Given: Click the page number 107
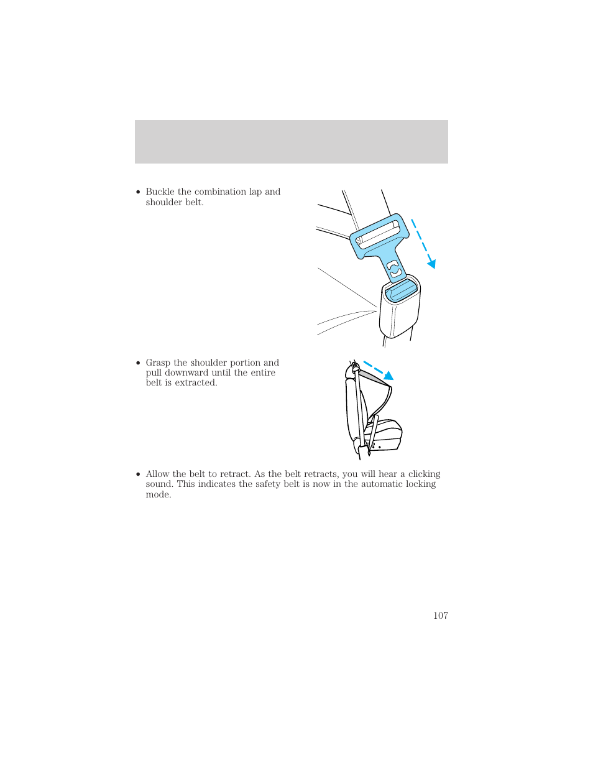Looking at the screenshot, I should [x=440, y=615].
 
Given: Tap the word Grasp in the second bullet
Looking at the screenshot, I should [x=159, y=363].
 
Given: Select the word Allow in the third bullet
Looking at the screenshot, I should [x=157, y=474].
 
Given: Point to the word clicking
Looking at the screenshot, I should [x=424, y=474].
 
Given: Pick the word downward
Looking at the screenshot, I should [x=186, y=372].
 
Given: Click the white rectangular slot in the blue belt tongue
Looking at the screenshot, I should [x=377, y=233].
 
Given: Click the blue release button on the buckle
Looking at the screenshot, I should [x=401, y=290].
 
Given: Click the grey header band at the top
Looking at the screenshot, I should [x=291, y=142].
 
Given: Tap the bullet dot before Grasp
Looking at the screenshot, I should [x=138, y=363].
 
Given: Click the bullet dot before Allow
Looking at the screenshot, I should [x=138, y=474].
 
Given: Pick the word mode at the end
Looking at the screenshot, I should [x=157, y=494].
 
